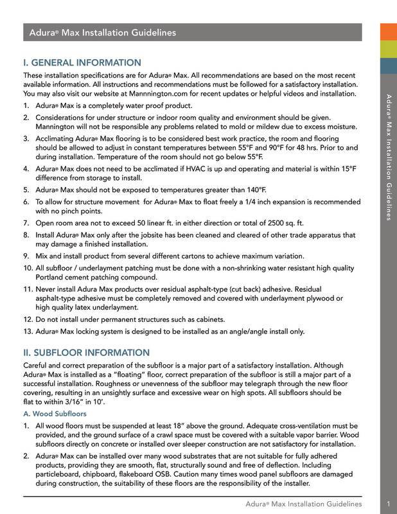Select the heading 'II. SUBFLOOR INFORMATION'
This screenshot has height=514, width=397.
[x=87, y=352]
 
